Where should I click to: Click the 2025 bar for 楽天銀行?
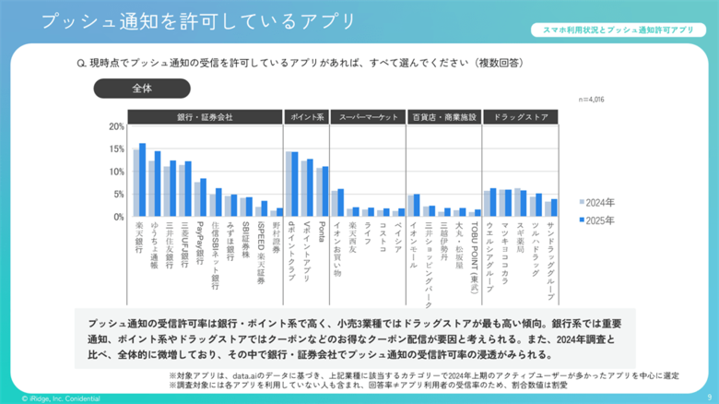143,181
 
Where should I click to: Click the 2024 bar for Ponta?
318,193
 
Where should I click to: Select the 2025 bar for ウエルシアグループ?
494,203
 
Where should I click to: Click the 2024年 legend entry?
599,202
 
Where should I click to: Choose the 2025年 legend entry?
599,219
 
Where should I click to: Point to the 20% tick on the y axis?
116,127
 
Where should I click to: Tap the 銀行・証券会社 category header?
204,117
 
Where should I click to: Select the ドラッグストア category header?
521,117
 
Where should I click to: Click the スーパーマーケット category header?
367,117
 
